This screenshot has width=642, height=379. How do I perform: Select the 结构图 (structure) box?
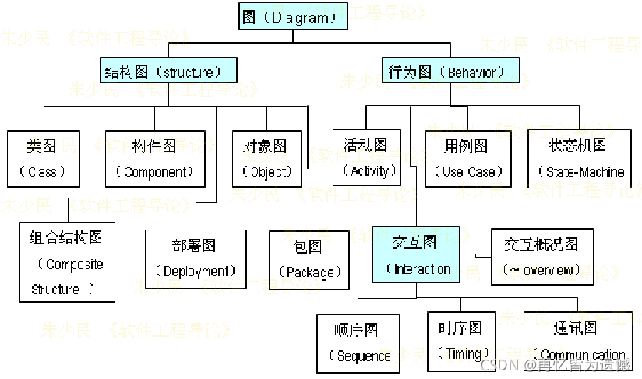coord(168,72)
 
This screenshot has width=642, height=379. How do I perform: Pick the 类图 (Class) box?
coord(44,159)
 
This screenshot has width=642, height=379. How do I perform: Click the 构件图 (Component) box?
coord(153,159)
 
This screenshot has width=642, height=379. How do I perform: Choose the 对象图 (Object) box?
coord(267,159)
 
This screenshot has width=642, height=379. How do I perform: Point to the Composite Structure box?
coord(68,262)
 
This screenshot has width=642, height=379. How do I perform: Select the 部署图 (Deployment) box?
coord(195,259)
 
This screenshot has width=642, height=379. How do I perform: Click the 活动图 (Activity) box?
coord(366,157)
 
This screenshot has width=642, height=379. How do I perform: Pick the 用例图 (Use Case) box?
coord(467,159)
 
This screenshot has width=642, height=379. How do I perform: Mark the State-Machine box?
coord(577,159)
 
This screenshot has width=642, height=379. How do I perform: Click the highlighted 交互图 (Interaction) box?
coord(416,254)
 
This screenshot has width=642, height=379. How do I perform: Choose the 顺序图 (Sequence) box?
coord(358,343)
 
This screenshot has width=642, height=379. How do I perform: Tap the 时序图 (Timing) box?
coord(461,342)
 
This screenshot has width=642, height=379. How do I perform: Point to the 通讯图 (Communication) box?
coord(577,342)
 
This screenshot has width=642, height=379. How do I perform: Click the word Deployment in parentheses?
coord(195,272)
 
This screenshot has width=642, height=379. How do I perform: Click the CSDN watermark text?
coord(496,364)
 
